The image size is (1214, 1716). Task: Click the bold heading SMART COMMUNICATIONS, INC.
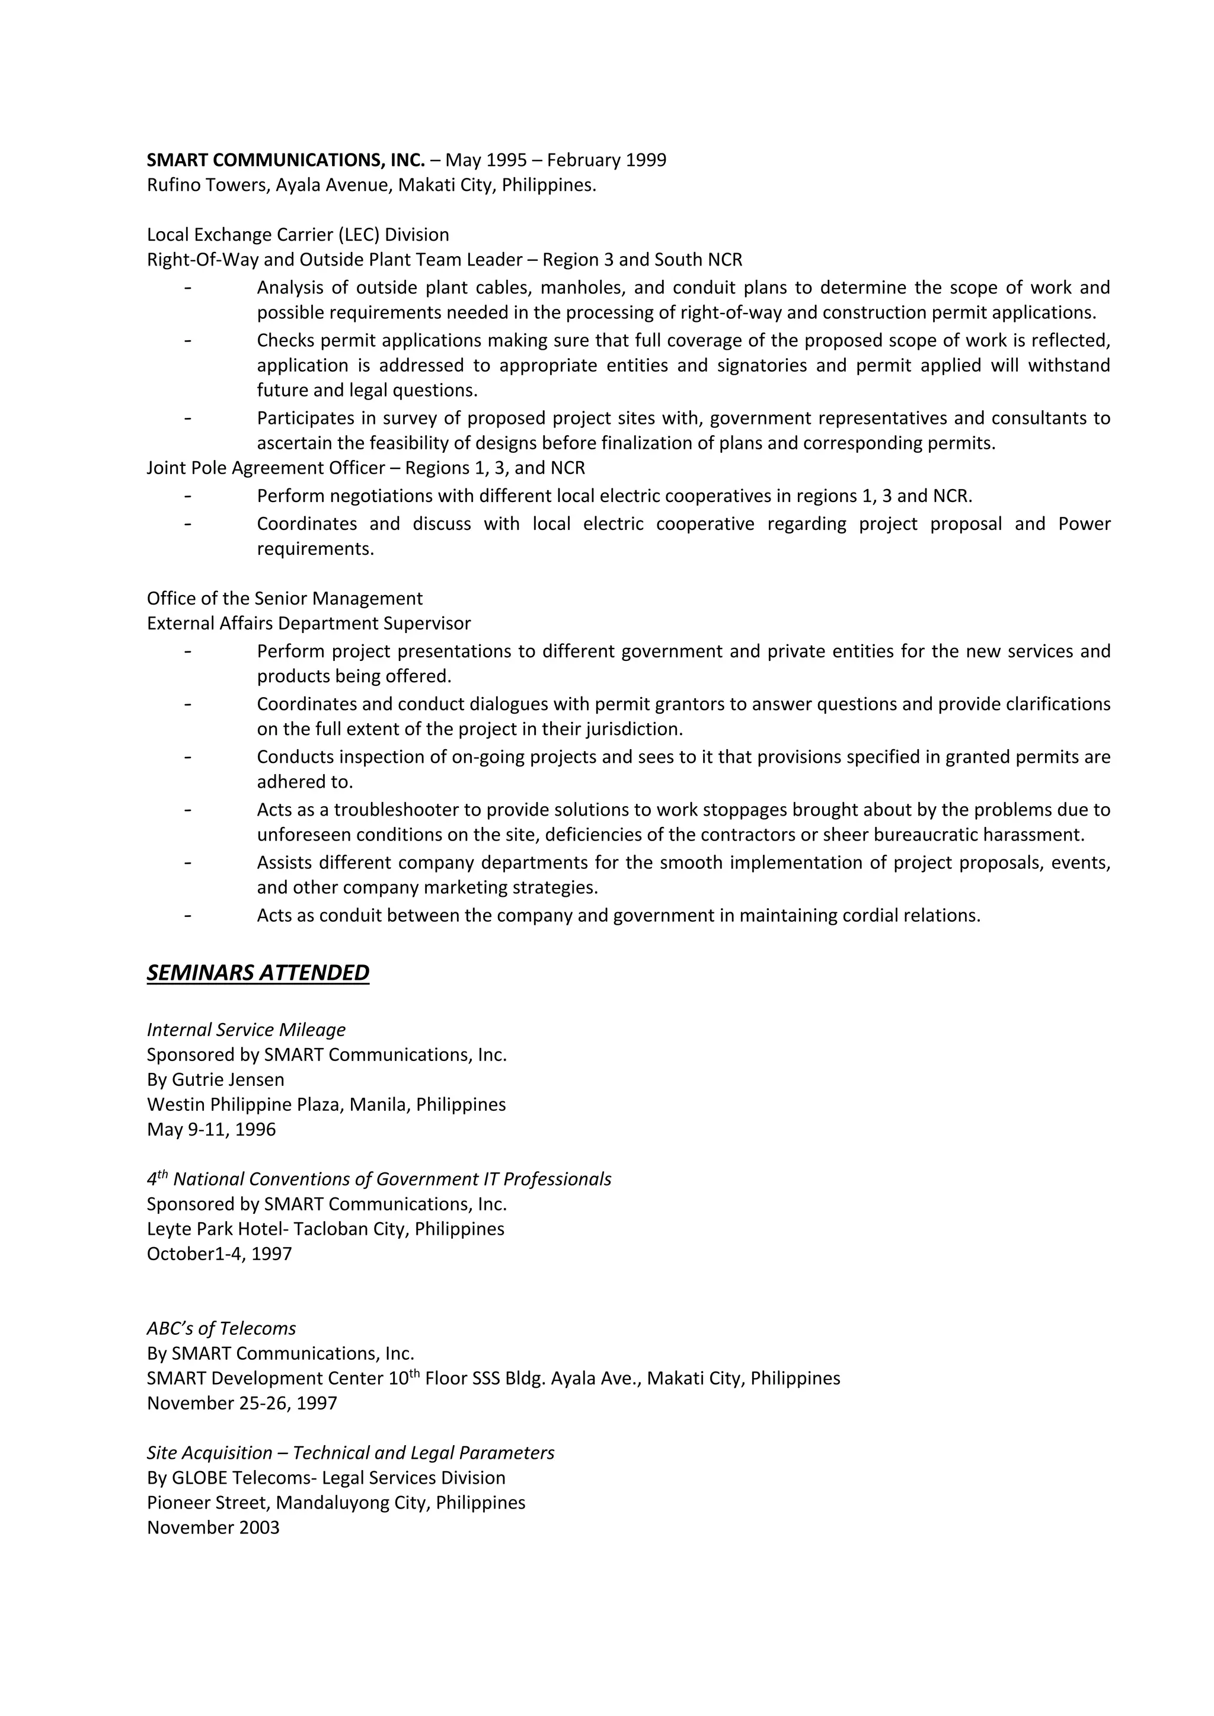click(286, 160)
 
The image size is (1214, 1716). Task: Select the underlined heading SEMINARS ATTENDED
click(258, 972)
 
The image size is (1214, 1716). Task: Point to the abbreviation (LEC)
click(358, 235)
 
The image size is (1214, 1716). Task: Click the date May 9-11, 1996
click(211, 1129)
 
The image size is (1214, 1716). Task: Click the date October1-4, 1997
click(219, 1254)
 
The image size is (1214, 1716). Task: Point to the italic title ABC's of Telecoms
click(221, 1328)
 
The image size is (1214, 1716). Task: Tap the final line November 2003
click(213, 1527)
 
